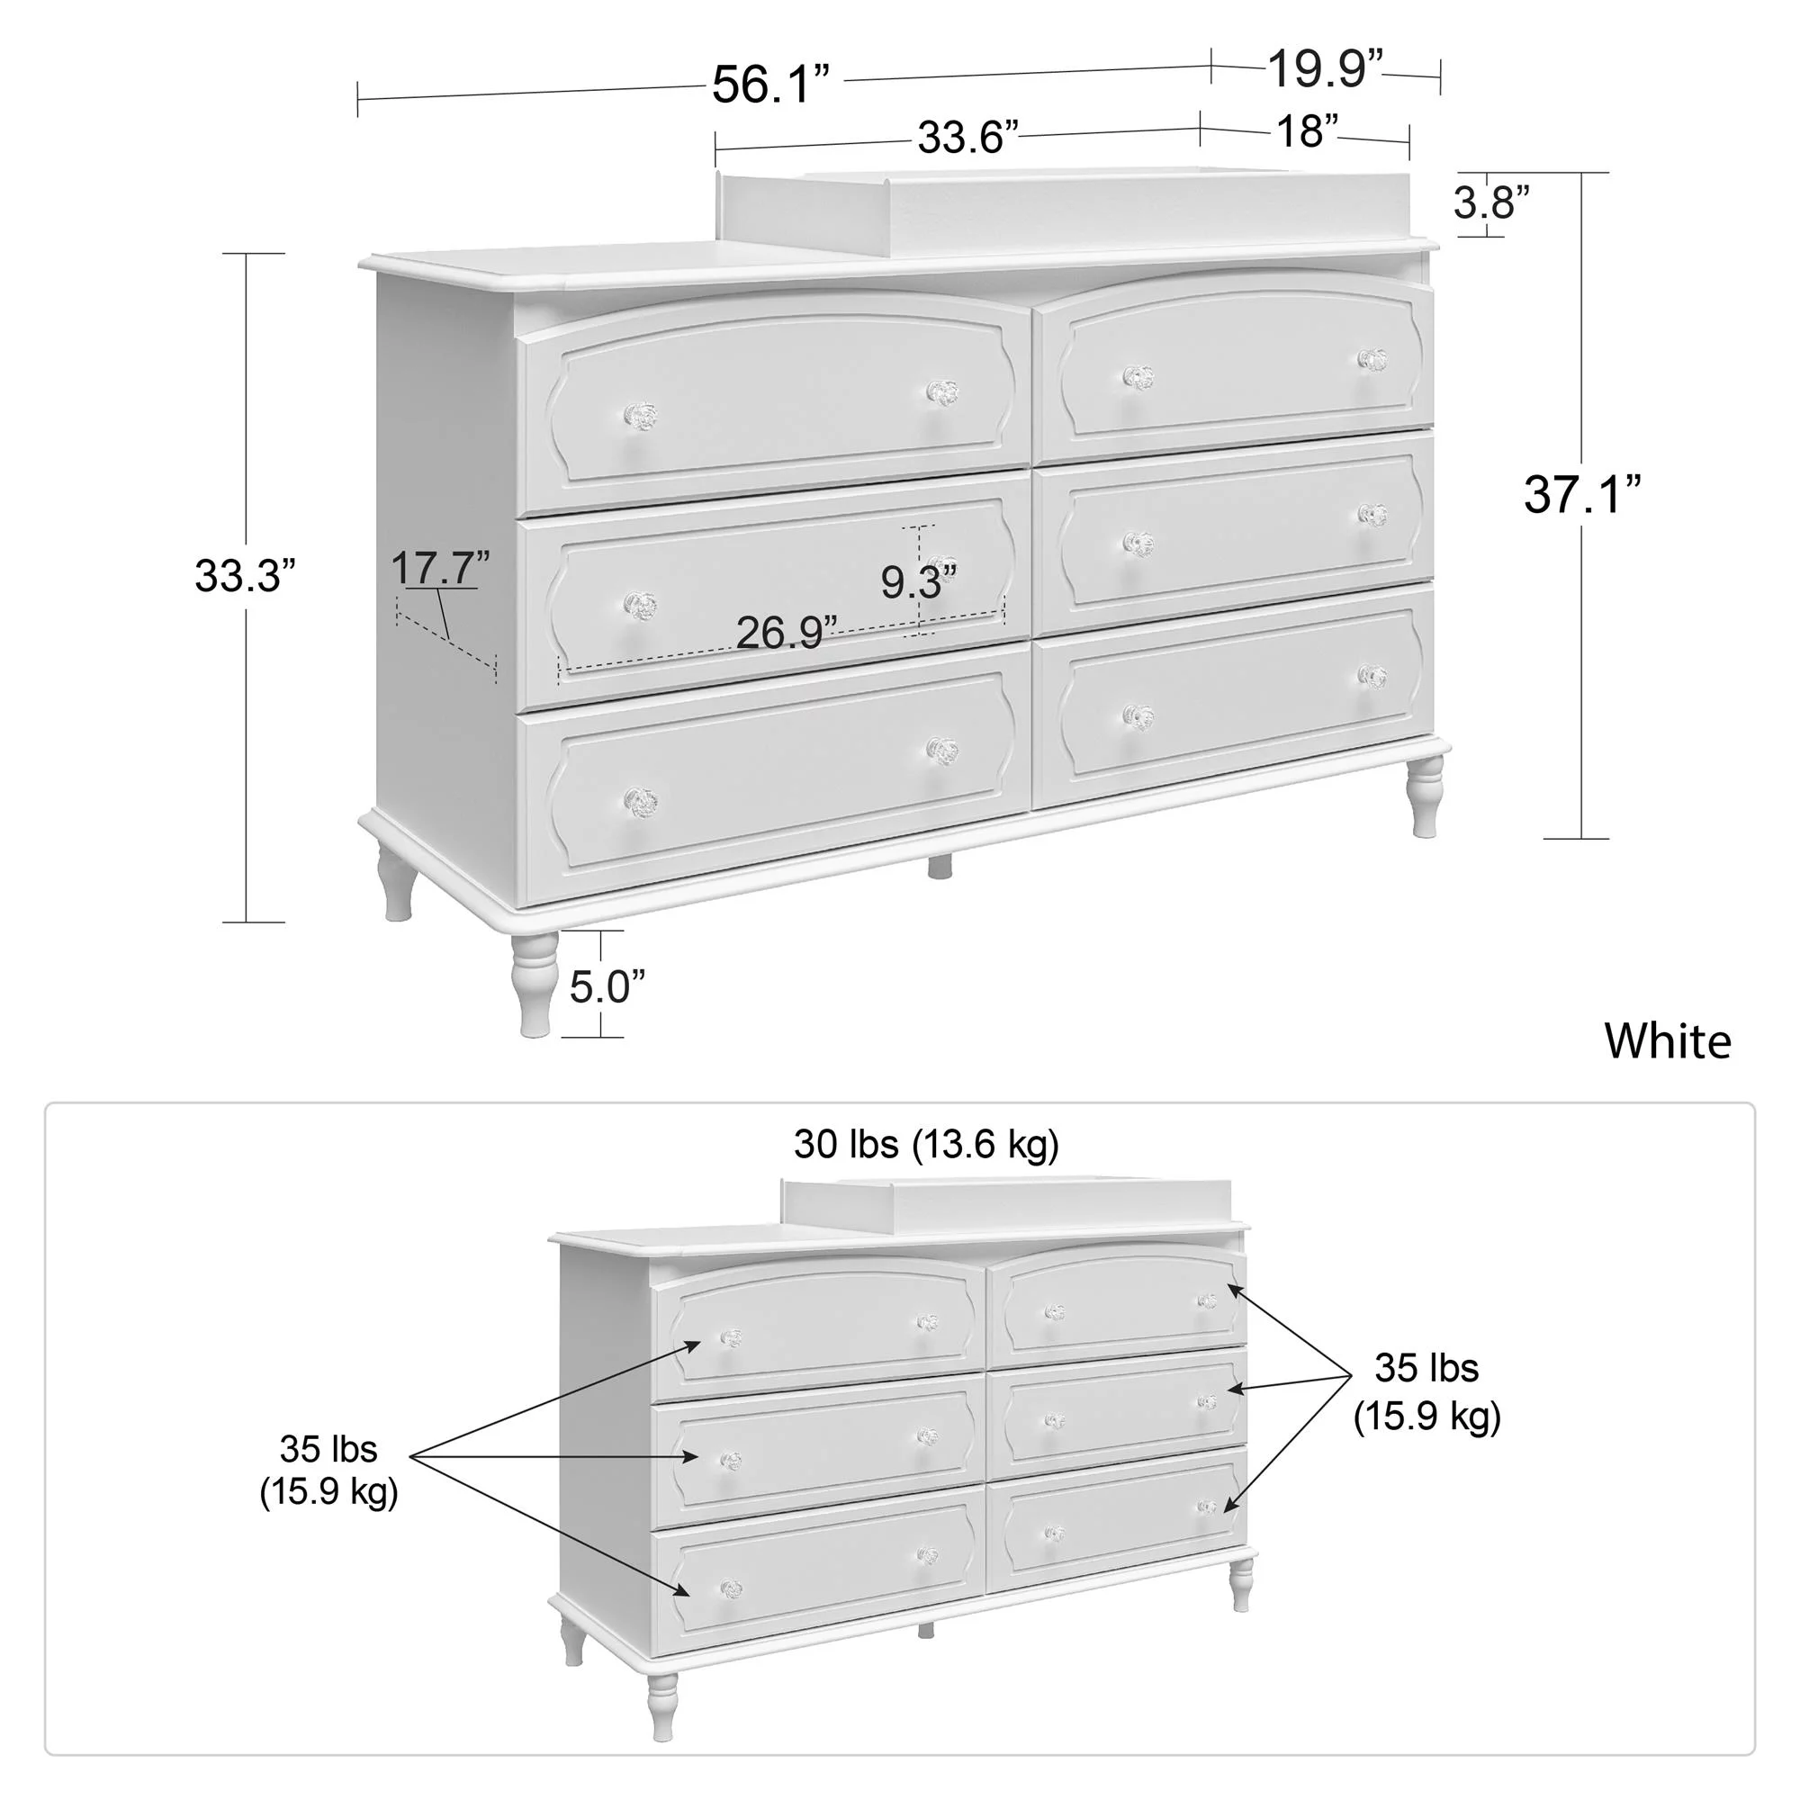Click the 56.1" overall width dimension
click(x=769, y=85)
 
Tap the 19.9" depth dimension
click(x=1325, y=68)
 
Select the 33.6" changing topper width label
click(x=968, y=138)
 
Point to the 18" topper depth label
click(x=1307, y=131)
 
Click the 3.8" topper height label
click(x=1491, y=202)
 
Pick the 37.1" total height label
click(x=1582, y=495)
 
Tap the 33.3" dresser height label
click(x=244, y=576)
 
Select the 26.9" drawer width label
click(x=787, y=634)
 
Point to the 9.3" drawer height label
click(x=919, y=583)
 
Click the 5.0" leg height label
click(x=607, y=986)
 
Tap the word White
click(x=1668, y=1041)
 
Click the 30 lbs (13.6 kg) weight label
click(x=926, y=1144)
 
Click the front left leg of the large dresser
click(x=533, y=984)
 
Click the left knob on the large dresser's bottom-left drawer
click(x=640, y=801)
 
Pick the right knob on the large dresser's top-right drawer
click(x=1372, y=360)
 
